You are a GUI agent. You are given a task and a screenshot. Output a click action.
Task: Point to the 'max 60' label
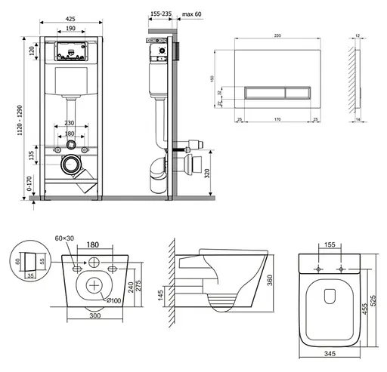pyautogui.click(x=190, y=12)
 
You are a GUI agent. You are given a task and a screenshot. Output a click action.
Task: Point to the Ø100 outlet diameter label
pyautogui.click(x=113, y=301)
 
